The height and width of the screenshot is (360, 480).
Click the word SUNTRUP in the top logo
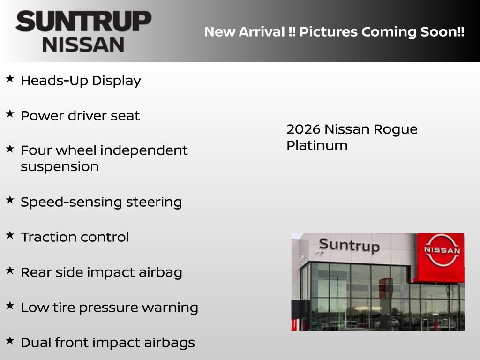pos(83,21)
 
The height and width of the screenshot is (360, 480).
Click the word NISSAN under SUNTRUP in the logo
pos(83,45)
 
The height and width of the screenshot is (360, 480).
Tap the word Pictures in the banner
pos(326,32)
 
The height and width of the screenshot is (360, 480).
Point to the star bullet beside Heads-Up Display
pos(10,79)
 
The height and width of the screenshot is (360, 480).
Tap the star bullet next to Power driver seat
pos(10,114)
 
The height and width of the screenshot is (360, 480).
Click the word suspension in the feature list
pos(60,167)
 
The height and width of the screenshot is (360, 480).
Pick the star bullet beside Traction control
pos(10,235)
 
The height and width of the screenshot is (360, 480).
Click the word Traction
pos(48,237)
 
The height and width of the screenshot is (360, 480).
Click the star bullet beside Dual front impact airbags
pos(10,341)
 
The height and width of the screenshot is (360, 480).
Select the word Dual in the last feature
pos(34,343)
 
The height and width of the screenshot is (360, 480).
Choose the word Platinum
pos(317,145)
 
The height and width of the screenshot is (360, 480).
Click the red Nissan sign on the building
pos(441,257)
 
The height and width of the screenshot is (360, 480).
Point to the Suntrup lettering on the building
pos(349,245)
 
